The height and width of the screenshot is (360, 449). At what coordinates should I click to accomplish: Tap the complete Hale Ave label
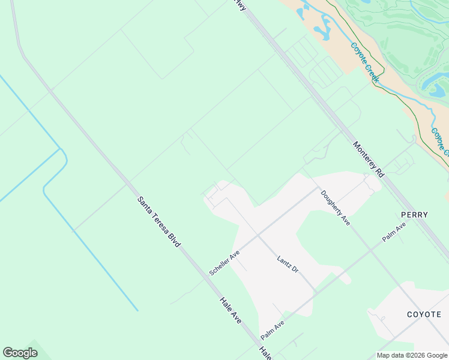pos(230,311)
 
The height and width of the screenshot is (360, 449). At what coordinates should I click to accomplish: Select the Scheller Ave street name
pos(224,263)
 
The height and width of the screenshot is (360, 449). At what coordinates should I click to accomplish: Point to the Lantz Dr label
pos(288,265)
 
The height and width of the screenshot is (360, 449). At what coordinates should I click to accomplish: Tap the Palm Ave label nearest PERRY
pos(394,232)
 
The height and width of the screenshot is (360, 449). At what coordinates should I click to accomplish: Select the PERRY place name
pos(414,215)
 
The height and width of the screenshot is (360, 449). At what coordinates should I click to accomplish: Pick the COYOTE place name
pos(424,314)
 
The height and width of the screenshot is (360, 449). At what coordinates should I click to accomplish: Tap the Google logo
pos(20,353)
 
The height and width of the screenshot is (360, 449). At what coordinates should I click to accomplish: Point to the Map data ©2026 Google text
pos(412,355)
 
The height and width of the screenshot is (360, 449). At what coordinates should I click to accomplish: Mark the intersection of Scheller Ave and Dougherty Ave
pos(317,188)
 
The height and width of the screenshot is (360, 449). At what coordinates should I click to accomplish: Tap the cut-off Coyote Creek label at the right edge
pos(440,140)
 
